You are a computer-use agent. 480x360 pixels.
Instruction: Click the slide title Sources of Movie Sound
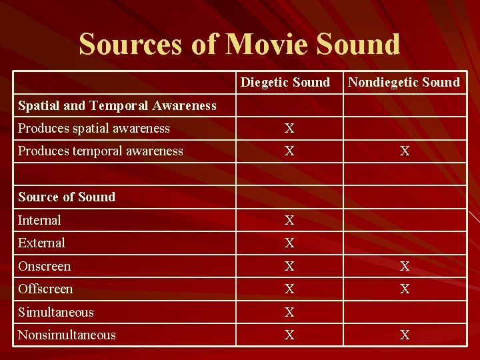(x=239, y=43)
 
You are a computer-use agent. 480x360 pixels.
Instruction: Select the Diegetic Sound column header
(x=285, y=82)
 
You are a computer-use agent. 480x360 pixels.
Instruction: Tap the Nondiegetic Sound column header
(x=404, y=82)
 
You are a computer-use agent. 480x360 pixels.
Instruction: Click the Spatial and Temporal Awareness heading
(x=117, y=105)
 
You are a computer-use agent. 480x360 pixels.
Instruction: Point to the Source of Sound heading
(x=67, y=197)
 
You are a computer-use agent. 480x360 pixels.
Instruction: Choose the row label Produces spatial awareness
(x=94, y=128)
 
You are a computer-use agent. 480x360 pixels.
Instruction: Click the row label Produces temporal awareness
(x=101, y=151)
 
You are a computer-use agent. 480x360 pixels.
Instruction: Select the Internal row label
(x=39, y=220)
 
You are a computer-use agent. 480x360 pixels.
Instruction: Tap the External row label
(x=41, y=243)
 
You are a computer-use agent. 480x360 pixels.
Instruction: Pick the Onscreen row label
(x=45, y=266)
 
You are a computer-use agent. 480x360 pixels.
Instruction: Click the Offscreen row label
(x=45, y=289)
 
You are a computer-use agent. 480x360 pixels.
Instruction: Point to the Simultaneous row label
(x=56, y=312)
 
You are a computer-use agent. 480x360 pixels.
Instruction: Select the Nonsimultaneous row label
(x=67, y=335)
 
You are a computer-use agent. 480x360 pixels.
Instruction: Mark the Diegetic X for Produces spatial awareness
(x=289, y=129)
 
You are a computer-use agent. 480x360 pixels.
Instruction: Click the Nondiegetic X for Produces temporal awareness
(x=405, y=151)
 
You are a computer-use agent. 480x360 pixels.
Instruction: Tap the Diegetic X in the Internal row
(x=289, y=221)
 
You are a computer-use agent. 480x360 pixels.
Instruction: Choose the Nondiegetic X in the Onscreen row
(x=405, y=267)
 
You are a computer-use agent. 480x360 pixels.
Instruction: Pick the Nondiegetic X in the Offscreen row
(x=405, y=289)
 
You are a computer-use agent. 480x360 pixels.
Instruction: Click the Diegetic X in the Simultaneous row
(x=289, y=313)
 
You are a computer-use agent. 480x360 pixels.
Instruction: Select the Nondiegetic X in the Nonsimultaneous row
(x=405, y=335)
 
